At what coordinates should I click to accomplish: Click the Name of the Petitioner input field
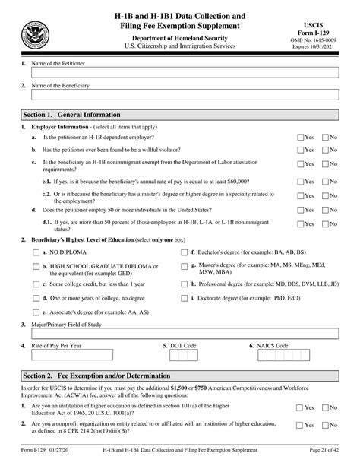click(185, 71)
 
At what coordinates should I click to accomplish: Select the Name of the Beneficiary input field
click(185, 96)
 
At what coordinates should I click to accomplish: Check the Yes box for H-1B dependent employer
click(300, 138)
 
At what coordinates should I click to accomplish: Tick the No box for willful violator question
click(327, 151)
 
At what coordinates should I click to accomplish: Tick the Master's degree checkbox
click(185, 267)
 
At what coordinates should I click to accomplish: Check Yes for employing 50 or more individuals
click(300, 208)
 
